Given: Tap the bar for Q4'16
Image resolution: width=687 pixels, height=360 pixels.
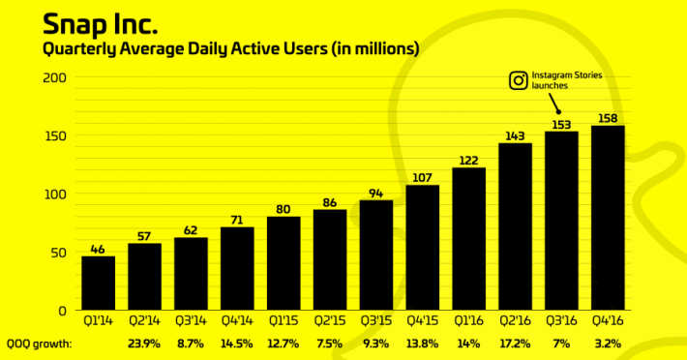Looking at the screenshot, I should pyautogui.click(x=608, y=218).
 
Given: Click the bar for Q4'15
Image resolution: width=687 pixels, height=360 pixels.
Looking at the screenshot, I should pyautogui.click(x=423, y=247).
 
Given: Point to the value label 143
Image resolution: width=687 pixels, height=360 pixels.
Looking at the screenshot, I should pyautogui.click(x=515, y=135).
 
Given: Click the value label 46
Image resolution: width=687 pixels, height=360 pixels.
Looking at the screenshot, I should pyautogui.click(x=98, y=248).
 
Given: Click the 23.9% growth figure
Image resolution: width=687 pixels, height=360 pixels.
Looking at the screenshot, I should pyautogui.click(x=144, y=344).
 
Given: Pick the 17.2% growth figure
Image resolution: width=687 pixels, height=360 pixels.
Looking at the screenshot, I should pyautogui.click(x=515, y=344).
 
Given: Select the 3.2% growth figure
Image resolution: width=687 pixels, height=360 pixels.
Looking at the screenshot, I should pyautogui.click(x=608, y=344).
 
